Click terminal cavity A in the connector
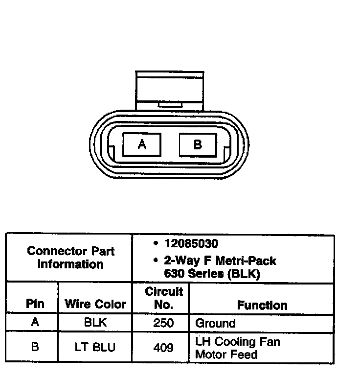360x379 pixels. (142, 144)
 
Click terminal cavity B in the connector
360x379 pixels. (198, 144)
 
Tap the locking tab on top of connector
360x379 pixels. (169, 91)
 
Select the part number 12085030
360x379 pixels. (191, 243)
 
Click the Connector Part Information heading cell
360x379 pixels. (70, 258)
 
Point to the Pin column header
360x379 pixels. (34, 304)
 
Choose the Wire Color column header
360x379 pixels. (95, 304)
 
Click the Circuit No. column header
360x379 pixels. (163, 298)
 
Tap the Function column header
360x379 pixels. (262, 305)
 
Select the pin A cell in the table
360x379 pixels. (34, 323)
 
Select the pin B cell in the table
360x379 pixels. (34, 347)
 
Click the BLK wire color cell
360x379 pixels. (95, 323)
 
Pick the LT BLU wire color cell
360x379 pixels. (95, 347)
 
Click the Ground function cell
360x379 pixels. (215, 323)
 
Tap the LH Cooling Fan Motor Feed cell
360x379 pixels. (237, 347)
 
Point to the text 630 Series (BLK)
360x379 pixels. (212, 274)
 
